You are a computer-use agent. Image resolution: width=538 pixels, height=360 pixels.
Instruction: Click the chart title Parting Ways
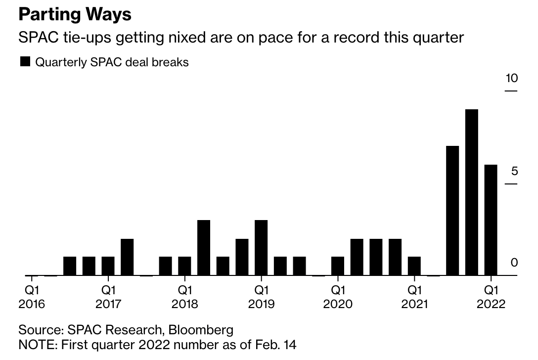[75, 14]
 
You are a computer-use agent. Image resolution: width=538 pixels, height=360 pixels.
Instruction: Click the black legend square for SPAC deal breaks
[25, 62]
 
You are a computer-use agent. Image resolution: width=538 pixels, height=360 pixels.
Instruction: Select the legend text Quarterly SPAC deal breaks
[112, 63]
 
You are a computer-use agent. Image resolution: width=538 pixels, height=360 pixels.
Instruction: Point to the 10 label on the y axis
[511, 78]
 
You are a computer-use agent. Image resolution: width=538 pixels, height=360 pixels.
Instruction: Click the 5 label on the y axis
[514, 171]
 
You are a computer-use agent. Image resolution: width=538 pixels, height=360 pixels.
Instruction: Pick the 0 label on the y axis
[514, 263]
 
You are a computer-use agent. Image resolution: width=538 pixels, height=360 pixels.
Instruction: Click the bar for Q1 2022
[491, 220]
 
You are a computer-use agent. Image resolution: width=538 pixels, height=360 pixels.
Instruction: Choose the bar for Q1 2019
[261, 247]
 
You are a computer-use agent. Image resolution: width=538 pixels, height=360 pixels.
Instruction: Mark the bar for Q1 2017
[108, 266]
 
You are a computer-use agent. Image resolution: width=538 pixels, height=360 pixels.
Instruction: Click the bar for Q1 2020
[338, 266]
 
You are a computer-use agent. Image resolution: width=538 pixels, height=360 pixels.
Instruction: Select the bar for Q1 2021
[414, 266]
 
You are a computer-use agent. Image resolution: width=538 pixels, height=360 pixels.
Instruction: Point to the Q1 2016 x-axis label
[32, 296]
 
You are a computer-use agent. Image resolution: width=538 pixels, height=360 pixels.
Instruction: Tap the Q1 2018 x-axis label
[184, 296]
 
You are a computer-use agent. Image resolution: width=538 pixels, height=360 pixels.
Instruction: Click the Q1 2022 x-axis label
[491, 296]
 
